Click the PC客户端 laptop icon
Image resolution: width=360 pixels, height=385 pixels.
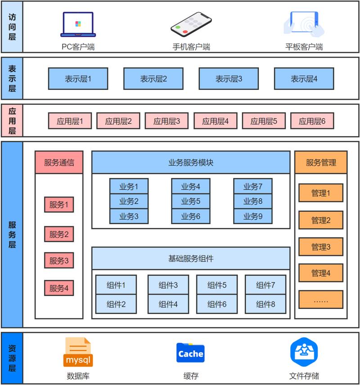tap(78, 24)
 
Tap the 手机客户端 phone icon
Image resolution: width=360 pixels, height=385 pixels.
tap(191, 24)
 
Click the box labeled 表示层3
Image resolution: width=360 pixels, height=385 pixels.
tap(229, 79)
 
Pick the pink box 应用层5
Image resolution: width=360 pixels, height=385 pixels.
tap(264, 121)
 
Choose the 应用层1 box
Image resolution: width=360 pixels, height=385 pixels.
tap(70, 121)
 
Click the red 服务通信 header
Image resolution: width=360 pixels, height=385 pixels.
tap(59, 162)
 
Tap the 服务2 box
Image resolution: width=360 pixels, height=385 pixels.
tap(59, 234)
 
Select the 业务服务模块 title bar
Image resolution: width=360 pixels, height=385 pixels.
tap(191, 162)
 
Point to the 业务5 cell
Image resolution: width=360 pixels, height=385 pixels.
tap(191, 201)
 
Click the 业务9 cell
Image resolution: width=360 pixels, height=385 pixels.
tap(253, 216)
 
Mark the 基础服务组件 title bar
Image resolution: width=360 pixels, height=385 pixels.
tap(191, 258)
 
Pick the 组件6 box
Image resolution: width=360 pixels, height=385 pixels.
tap(217, 304)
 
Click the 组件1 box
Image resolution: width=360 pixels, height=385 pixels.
tap(116, 285)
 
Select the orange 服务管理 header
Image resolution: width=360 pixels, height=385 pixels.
tap(321, 162)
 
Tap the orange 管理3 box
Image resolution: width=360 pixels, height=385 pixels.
tap(321, 246)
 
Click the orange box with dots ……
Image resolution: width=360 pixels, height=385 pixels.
tap(321, 300)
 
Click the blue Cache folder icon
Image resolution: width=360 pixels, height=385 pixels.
tap(191, 353)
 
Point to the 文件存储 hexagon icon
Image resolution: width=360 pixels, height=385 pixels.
tap(304, 353)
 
